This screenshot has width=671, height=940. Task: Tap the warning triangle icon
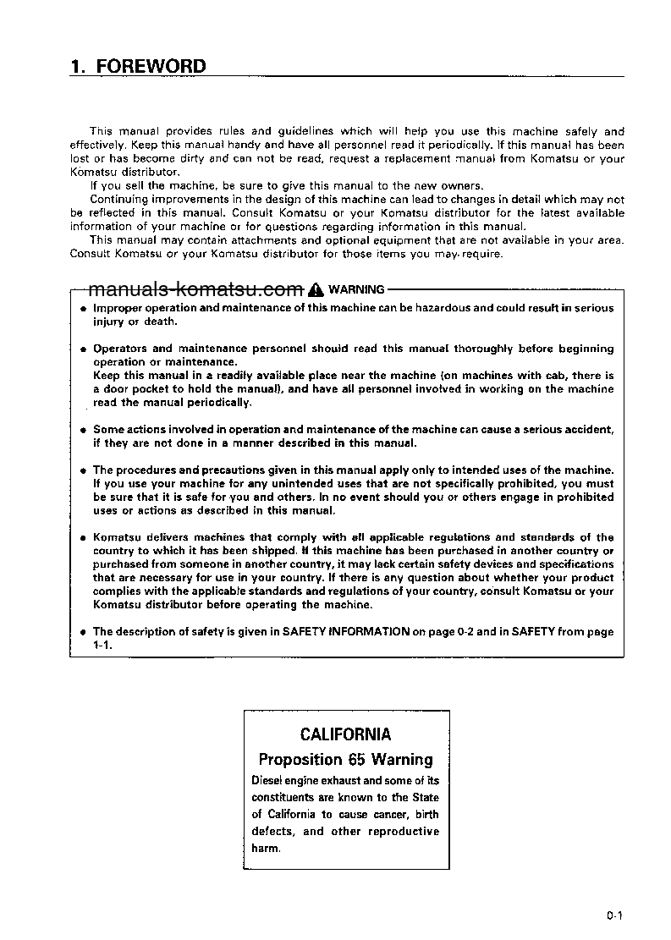pyautogui.click(x=316, y=289)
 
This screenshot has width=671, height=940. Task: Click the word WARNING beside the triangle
pyautogui.click(x=356, y=289)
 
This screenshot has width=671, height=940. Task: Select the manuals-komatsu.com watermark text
pyautogui.click(x=195, y=289)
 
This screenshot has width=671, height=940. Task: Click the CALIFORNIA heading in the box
pyautogui.click(x=345, y=734)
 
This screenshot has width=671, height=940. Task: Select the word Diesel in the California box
pyautogui.click(x=268, y=780)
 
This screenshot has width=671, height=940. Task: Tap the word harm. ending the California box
pyautogui.click(x=266, y=848)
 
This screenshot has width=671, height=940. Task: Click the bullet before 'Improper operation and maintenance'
pyautogui.click(x=83, y=309)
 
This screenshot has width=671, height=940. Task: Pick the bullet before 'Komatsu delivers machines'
pyautogui.click(x=83, y=538)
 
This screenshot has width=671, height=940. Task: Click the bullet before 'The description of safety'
pyautogui.click(x=83, y=632)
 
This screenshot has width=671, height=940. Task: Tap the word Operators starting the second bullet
pyautogui.click(x=120, y=348)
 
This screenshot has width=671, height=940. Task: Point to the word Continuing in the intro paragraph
pyautogui.click(x=124, y=200)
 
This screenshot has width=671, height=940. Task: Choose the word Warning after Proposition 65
pyautogui.click(x=401, y=759)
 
